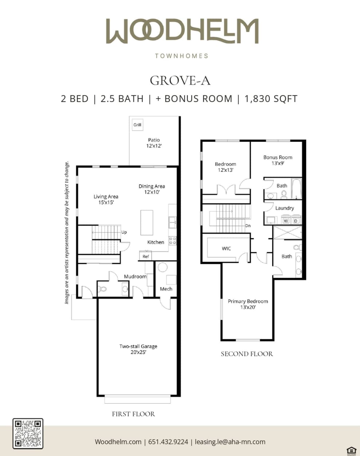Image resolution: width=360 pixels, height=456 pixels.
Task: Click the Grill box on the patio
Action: [x=137, y=125]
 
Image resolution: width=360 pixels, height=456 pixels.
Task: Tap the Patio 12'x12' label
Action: [x=154, y=143]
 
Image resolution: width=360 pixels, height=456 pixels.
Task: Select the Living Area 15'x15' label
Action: [x=106, y=199]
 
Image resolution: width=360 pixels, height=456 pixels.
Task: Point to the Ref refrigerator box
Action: [x=146, y=256]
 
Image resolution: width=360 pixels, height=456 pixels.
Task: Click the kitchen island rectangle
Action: [x=147, y=222]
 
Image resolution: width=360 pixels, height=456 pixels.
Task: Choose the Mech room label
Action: [x=166, y=289]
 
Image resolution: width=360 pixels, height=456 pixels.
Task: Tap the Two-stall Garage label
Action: [x=138, y=349]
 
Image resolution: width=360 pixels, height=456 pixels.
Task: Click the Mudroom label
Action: [x=135, y=277]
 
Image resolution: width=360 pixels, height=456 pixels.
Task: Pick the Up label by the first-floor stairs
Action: [x=124, y=232]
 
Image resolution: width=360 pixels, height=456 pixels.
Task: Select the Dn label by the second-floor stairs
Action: [x=248, y=226]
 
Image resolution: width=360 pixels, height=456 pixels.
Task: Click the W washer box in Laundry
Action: [x=286, y=221]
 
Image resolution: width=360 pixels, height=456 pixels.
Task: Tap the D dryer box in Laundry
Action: [x=296, y=221]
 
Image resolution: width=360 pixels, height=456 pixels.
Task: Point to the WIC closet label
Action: [x=226, y=249]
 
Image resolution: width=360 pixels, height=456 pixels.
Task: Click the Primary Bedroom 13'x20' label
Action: [x=248, y=304]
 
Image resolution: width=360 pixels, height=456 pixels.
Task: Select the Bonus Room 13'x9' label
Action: [x=278, y=160]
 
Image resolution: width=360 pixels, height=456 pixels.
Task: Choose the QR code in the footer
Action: [x=28, y=433]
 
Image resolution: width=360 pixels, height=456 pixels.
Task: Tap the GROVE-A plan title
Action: [x=180, y=80]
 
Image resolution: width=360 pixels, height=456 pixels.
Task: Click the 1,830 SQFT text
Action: [x=271, y=99]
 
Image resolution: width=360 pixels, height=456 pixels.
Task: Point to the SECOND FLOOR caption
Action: [x=247, y=354]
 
